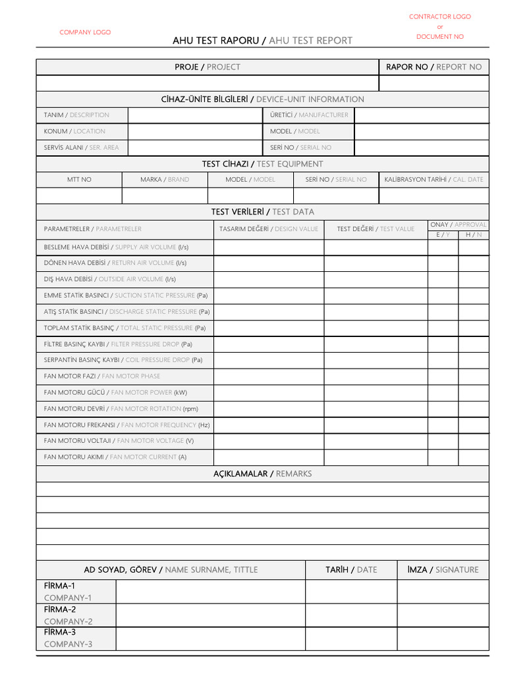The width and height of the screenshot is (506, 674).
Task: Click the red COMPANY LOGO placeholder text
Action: (x=85, y=32)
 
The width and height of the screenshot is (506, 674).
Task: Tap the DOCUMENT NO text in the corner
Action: (x=439, y=37)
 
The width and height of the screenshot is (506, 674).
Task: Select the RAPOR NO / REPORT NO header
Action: (x=434, y=66)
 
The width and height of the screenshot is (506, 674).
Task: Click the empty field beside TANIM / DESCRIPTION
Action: (x=194, y=115)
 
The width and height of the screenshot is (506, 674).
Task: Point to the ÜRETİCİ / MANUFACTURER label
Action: (x=309, y=115)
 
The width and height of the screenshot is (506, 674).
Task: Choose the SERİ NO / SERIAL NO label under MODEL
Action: (x=300, y=147)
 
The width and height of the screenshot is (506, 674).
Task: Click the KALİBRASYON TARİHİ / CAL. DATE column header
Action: (x=434, y=179)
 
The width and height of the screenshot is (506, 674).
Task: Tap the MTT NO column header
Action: (x=79, y=179)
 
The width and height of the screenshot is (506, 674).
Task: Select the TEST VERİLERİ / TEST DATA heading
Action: (x=262, y=211)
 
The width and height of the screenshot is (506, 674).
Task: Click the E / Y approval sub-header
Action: (x=443, y=235)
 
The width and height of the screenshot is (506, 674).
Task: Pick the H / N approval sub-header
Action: (x=474, y=235)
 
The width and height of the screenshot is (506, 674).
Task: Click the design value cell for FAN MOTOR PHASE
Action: (x=268, y=376)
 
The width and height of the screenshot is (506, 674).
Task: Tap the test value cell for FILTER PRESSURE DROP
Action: (x=376, y=344)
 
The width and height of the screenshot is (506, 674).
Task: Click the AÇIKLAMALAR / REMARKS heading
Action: (x=262, y=474)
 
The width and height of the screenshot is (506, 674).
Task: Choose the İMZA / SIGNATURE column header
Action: (x=443, y=569)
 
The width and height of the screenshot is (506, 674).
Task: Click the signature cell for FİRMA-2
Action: (x=443, y=615)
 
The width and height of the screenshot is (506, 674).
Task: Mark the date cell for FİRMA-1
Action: (x=351, y=592)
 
